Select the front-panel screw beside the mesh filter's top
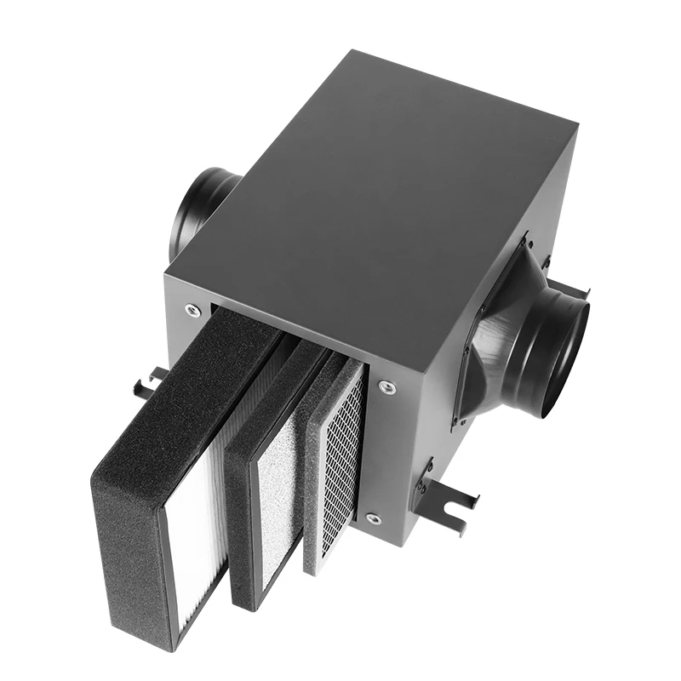click(x=386, y=387)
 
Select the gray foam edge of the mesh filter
click(x=313, y=477)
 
